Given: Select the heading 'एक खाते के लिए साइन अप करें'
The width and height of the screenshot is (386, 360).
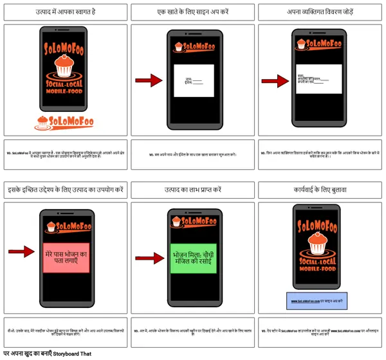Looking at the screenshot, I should (193, 12).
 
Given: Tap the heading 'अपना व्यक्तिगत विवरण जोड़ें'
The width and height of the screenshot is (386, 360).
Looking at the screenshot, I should (322, 12).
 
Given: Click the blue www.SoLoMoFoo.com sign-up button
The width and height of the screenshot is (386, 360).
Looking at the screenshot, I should (321, 300).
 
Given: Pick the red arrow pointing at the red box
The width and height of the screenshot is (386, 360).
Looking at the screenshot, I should (24, 251).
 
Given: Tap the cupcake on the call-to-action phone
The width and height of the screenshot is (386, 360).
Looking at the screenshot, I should (320, 244).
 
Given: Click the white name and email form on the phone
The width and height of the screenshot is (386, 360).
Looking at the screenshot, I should (194, 80).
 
